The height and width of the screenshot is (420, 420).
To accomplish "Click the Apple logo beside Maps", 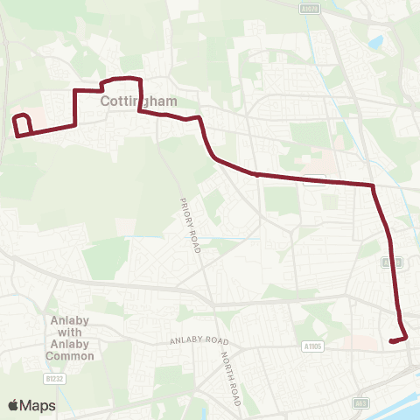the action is click(14, 405).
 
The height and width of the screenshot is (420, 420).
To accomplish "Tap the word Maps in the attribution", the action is click(38, 405).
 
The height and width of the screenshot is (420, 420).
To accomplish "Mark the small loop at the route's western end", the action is click(23, 125).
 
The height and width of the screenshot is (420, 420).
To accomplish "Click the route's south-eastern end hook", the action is click(399, 339).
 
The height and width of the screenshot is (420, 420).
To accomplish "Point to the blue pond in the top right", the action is click(377, 41).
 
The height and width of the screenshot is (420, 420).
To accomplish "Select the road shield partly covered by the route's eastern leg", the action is click(394, 262).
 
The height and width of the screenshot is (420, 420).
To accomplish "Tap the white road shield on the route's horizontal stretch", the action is click(320, 179).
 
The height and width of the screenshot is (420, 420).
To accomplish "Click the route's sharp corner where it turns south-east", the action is click(374, 185).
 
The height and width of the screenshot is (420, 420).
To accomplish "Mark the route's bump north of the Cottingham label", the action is click(121, 81).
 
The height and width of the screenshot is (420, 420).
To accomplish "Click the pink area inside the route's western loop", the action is click(24, 121).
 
